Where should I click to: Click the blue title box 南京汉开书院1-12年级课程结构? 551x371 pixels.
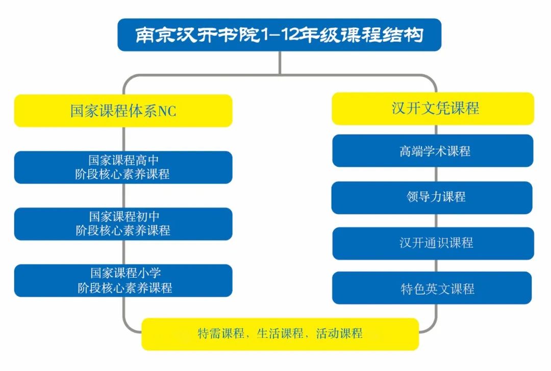(x=279, y=35)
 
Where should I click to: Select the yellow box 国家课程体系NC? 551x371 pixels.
(x=123, y=111)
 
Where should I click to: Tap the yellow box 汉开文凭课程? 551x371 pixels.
(x=433, y=109)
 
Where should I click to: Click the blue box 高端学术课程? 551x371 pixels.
(x=433, y=151)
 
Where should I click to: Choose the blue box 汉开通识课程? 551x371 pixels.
(x=433, y=243)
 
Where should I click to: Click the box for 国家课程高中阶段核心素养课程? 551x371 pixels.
(x=123, y=167)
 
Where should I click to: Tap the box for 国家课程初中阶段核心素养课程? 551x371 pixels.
(x=123, y=224)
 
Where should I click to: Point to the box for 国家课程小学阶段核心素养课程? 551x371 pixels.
(x=123, y=280)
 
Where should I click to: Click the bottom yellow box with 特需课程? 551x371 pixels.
(x=280, y=334)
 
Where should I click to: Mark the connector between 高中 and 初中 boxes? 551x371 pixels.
(x=123, y=196)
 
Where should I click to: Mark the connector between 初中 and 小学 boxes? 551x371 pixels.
(x=123, y=252)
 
